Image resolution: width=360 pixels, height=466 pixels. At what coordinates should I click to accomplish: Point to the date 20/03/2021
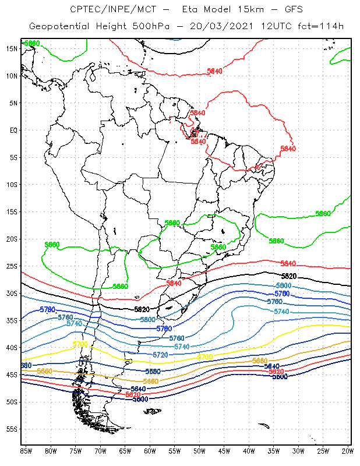214,27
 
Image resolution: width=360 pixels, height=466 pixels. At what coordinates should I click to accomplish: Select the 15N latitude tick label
11,48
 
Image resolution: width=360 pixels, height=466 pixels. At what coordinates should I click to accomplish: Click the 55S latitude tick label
11,429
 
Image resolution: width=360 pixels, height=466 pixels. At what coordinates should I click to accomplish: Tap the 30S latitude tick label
11,293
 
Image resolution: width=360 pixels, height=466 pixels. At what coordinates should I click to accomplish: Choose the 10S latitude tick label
11,184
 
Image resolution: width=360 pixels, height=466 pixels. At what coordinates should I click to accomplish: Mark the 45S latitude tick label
11,375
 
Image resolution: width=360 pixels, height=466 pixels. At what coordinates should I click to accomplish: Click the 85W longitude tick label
26,451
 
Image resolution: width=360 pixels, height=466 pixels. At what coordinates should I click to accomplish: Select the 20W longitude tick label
347,451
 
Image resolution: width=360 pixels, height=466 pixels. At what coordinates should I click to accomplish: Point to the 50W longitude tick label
199,451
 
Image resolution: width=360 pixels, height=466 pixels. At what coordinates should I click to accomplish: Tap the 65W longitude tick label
125,451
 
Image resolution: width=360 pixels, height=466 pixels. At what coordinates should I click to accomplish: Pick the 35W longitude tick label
273,451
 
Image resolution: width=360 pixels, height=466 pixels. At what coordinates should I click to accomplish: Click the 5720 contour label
160,355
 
